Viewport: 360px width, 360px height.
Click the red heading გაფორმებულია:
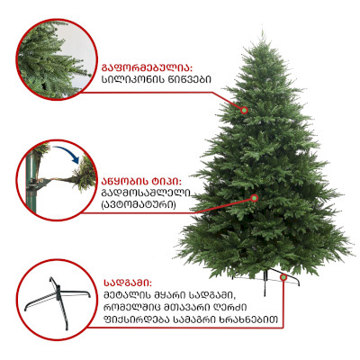click(x=147, y=67)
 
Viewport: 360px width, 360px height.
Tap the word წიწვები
click(x=189, y=79)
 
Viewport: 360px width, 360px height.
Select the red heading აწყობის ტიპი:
click(x=142, y=182)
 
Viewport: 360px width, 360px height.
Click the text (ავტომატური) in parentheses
click(x=139, y=205)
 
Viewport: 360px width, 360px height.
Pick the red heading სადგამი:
click(x=128, y=283)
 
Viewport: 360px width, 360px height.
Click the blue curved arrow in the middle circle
click(x=67, y=152)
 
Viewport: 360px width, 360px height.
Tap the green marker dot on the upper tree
click(x=245, y=111)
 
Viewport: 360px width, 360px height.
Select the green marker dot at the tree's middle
click(x=255, y=198)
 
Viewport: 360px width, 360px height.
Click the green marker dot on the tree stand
click(x=283, y=277)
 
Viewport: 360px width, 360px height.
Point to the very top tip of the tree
click(x=262, y=30)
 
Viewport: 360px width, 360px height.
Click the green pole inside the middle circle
click(x=30, y=182)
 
